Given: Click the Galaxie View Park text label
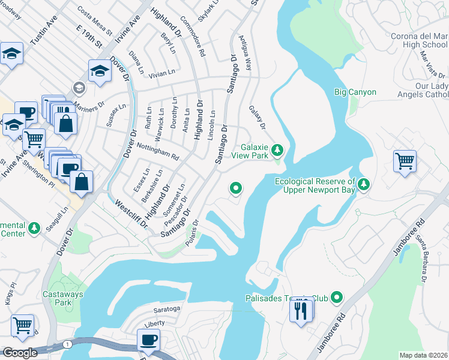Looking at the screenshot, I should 253,151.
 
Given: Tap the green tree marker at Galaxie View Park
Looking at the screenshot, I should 277,149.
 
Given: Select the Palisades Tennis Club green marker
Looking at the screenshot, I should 337,297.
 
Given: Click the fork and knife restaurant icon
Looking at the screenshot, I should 301,310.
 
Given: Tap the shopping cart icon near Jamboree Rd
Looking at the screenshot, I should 405,161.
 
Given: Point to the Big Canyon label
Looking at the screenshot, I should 355,92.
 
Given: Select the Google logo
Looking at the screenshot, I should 20,353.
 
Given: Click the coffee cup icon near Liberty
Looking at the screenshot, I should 148,340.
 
